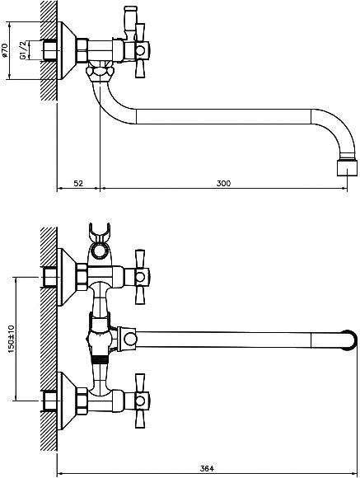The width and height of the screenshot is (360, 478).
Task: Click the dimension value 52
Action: (x=78, y=184)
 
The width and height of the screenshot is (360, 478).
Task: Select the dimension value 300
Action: (x=224, y=184)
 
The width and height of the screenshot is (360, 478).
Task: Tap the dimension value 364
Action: (x=207, y=469)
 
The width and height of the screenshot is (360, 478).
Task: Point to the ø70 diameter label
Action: (x=4, y=50)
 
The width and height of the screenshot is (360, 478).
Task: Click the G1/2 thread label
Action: (x=23, y=50)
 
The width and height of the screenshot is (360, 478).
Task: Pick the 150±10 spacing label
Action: (x=12, y=339)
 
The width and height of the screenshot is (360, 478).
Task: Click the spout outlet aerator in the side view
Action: (x=347, y=167)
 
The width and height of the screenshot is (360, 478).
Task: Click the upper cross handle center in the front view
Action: (x=140, y=277)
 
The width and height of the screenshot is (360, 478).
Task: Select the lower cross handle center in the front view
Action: (x=140, y=401)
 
